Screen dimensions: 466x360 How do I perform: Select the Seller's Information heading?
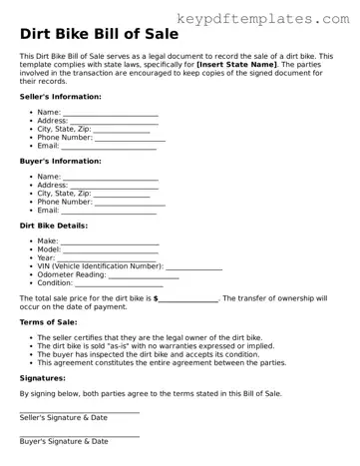[x=60, y=97]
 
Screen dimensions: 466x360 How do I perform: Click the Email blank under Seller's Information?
[x=109, y=147]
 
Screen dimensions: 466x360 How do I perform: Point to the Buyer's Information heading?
[x=59, y=161]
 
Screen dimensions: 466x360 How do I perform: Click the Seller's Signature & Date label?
[x=64, y=417]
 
